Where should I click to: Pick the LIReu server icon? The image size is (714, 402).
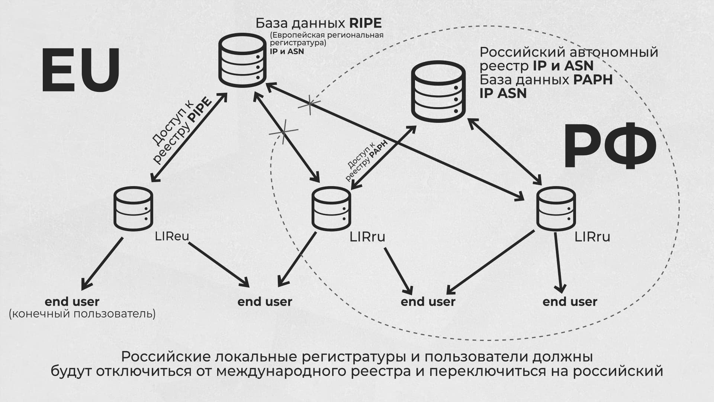[x=133, y=209]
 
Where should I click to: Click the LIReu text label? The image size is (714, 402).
[x=172, y=236]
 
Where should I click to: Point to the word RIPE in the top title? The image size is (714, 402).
[x=365, y=23]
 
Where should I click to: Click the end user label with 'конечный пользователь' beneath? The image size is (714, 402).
[x=72, y=301]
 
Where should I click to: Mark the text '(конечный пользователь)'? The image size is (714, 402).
[x=82, y=314]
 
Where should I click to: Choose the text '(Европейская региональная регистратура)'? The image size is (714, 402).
[x=326, y=39]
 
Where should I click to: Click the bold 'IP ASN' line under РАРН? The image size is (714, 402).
[x=503, y=93]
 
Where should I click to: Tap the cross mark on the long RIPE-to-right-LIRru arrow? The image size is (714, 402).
[x=309, y=105]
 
